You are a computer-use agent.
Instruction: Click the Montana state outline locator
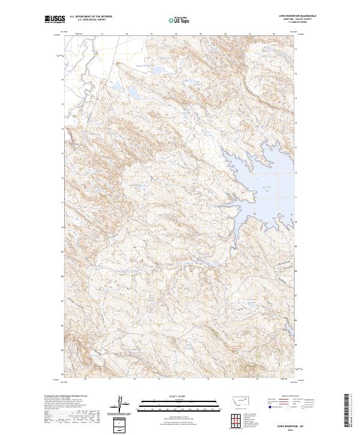(x=240, y=400)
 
